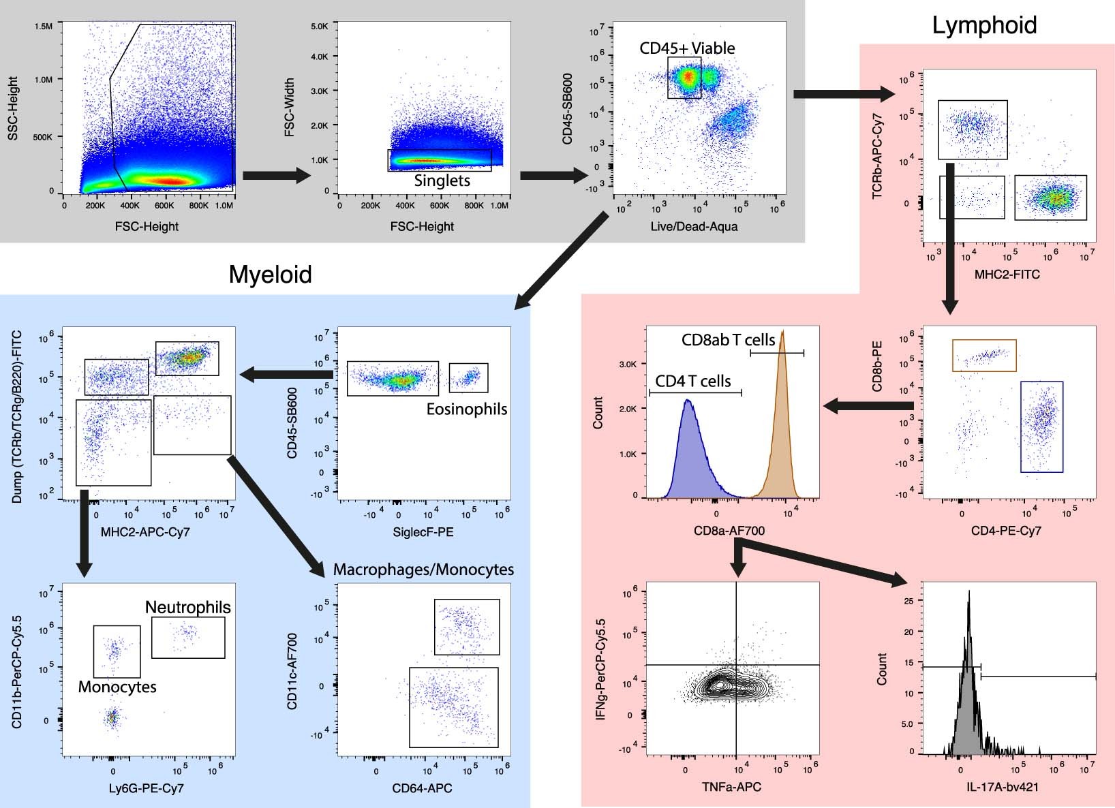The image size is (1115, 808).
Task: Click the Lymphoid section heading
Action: tap(984, 25)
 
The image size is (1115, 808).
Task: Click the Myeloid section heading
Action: tap(270, 274)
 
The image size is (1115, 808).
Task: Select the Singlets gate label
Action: tap(442, 181)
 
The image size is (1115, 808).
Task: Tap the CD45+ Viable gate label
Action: tap(687, 48)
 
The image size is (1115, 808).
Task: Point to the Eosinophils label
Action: tap(467, 409)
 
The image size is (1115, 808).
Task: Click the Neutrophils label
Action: tap(188, 607)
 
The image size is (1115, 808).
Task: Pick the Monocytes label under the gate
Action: tap(117, 687)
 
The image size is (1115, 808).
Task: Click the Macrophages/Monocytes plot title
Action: tap(423, 570)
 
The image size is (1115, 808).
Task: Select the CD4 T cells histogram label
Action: tap(693, 382)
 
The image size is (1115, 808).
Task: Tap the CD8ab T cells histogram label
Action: tap(729, 339)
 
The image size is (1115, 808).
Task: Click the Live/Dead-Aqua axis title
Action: tap(694, 226)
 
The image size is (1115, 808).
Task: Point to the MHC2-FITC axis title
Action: tap(1007, 275)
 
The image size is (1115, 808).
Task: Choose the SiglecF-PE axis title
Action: tap(423, 531)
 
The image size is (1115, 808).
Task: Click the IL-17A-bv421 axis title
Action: tap(1006, 788)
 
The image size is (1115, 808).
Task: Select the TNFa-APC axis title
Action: tap(731, 788)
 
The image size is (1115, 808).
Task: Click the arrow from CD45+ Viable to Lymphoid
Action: tap(844, 93)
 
